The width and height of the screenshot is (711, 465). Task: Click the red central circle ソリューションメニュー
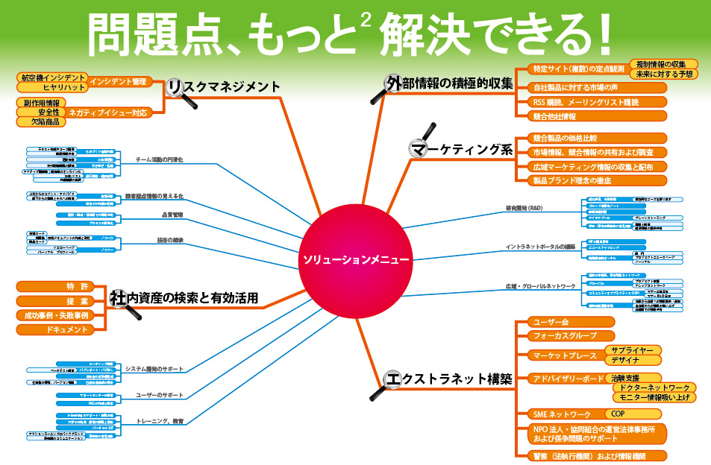coord(355,260)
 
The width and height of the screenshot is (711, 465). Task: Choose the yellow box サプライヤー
coord(631,349)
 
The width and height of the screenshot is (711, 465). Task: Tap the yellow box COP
coord(618,414)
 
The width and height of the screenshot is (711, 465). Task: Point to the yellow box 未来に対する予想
coord(663,75)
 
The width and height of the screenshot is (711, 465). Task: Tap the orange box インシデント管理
coord(121,81)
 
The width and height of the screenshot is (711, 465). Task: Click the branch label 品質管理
coord(172,215)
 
